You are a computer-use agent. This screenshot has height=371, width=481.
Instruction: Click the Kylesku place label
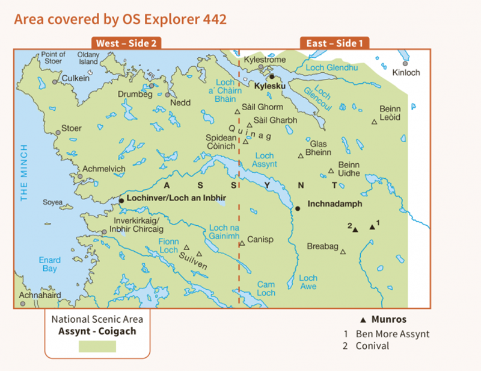pyautogui.click(x=269, y=87)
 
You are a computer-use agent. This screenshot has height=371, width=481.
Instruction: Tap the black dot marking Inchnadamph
pyautogui.click(x=297, y=208)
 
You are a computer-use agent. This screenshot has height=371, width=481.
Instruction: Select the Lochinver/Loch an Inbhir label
pyautogui.click(x=176, y=198)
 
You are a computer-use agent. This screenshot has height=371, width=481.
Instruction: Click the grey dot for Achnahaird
pyautogui.click(x=22, y=304)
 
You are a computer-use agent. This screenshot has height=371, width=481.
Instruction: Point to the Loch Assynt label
pyautogui.click(x=265, y=160)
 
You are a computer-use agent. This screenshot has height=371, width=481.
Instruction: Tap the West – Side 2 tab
pyautogui.click(x=126, y=43)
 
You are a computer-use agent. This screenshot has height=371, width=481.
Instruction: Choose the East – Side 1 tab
pyautogui.click(x=335, y=43)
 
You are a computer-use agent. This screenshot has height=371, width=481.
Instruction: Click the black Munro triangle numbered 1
pyautogui.click(x=372, y=227)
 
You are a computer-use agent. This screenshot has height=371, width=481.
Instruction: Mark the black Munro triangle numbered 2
pyautogui.click(x=355, y=229)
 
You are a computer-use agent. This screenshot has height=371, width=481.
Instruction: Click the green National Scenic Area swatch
pyautogui.click(x=97, y=346)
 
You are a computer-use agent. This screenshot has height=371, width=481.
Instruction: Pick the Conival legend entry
pyautogui.click(x=372, y=346)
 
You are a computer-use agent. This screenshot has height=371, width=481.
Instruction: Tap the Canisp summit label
pyautogui.click(x=260, y=240)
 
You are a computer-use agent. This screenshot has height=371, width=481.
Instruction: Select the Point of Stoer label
pyautogui.click(x=54, y=58)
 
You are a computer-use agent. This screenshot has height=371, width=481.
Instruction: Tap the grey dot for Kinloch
pyautogui.click(x=406, y=63)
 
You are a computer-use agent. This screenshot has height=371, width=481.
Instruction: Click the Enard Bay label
pyautogui.click(x=50, y=264)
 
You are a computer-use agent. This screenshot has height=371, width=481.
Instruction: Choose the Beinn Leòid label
pyautogui.click(x=390, y=113)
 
